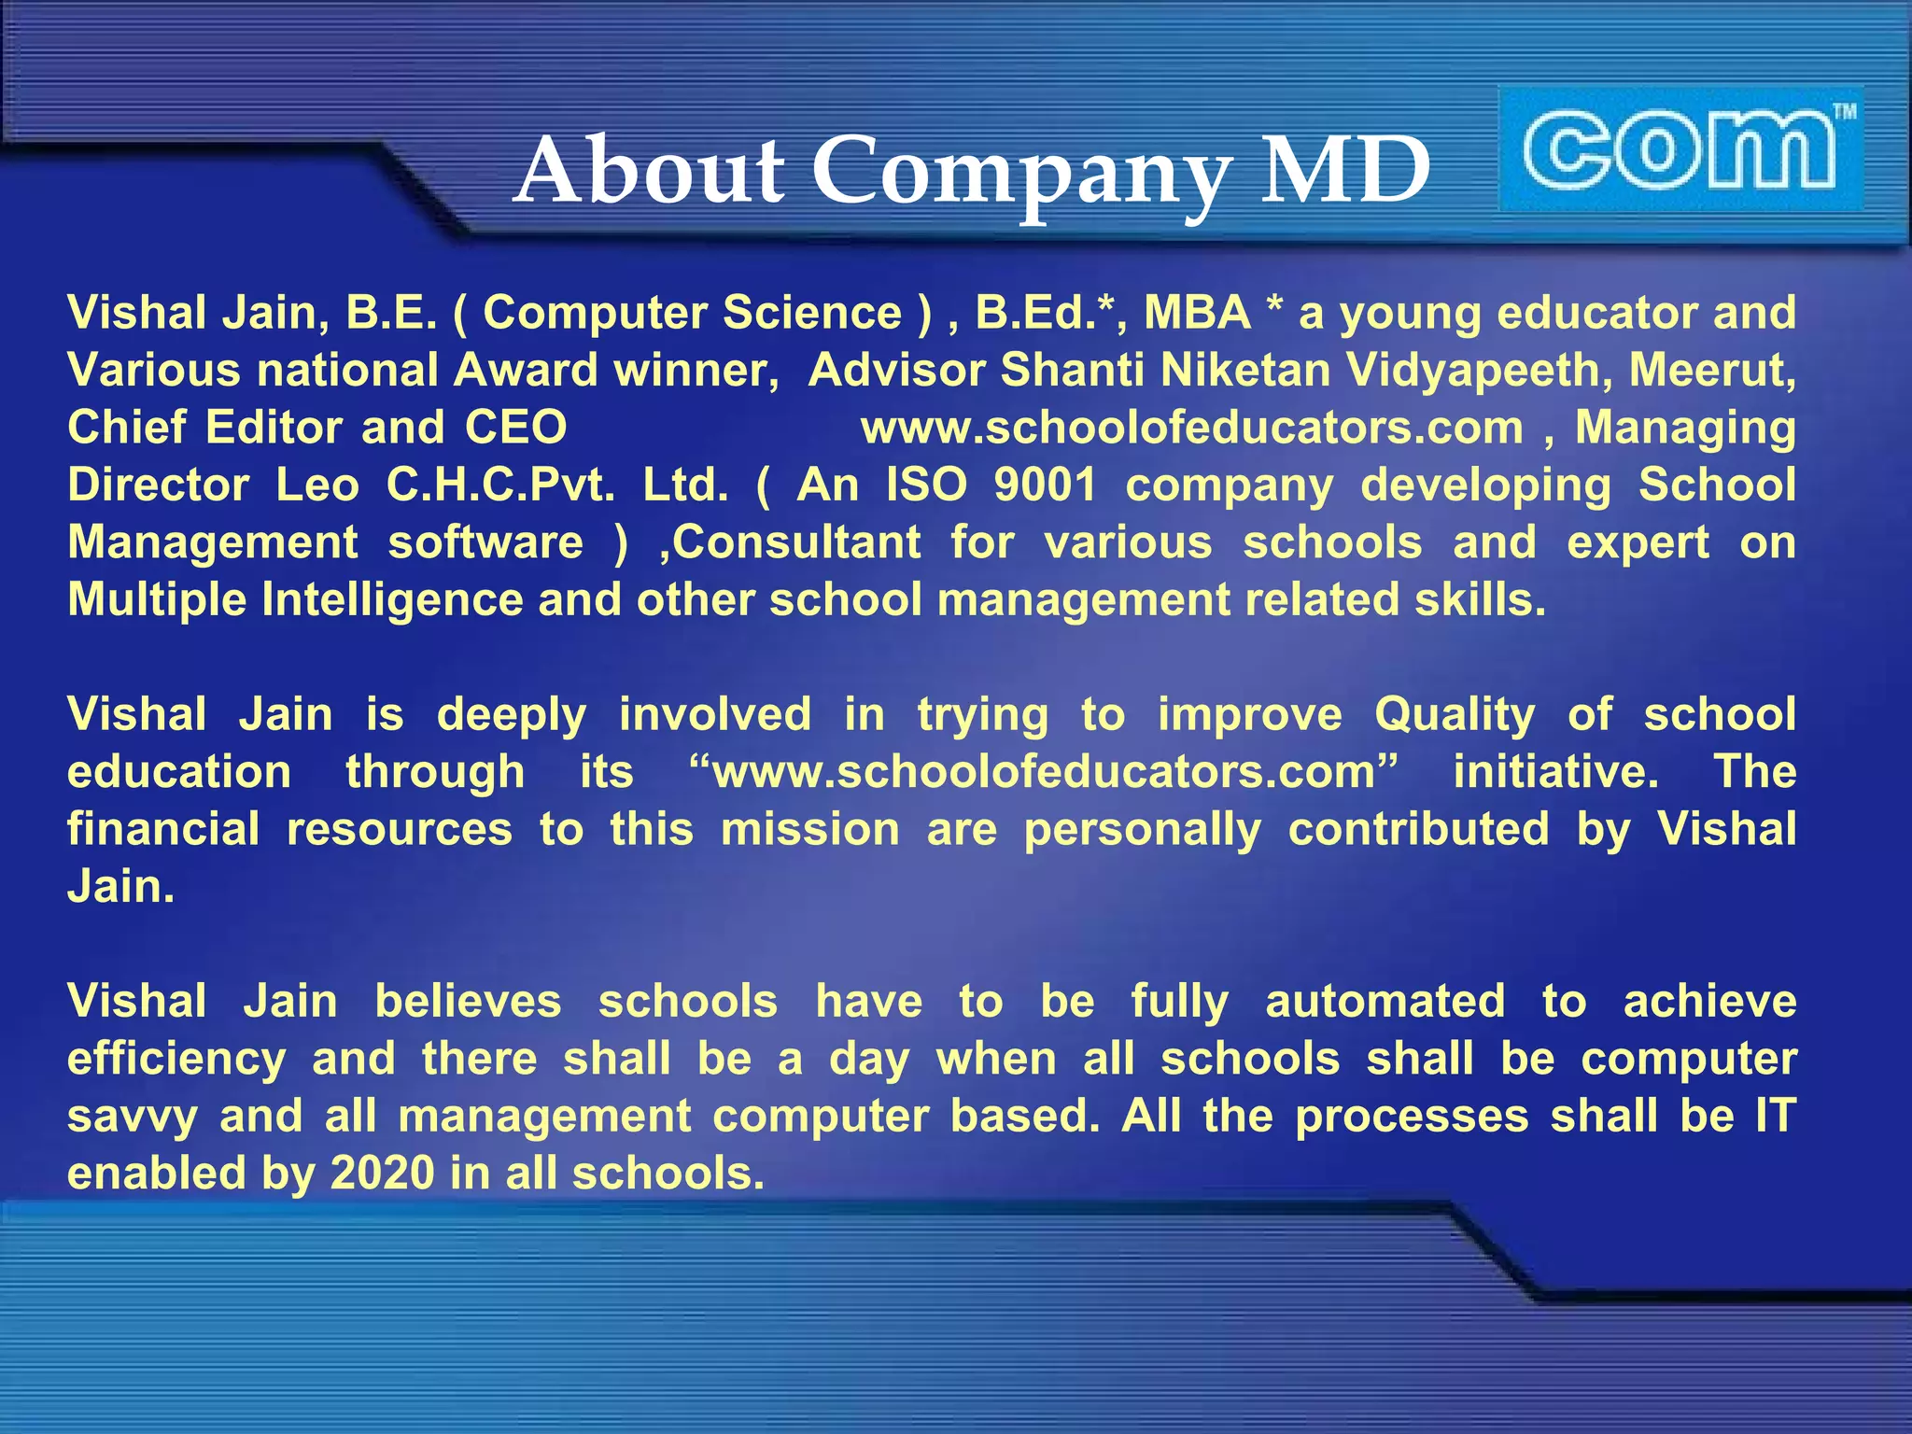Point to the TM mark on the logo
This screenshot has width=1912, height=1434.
coord(1844,113)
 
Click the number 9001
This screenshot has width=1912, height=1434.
coord(1045,485)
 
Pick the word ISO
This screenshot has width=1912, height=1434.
coord(926,485)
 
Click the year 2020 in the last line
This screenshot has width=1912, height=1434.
coord(382,1174)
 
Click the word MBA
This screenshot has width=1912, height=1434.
coord(1197,313)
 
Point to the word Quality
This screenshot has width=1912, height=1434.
coord(1454,716)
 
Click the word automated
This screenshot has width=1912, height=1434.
coord(1385,1002)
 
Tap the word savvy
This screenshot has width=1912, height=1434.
coord(132,1118)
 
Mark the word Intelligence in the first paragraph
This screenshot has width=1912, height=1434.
coord(392,599)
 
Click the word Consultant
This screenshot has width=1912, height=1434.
coord(796,542)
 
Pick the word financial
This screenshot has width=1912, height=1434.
coord(163,830)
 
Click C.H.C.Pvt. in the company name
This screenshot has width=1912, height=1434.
coord(500,485)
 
